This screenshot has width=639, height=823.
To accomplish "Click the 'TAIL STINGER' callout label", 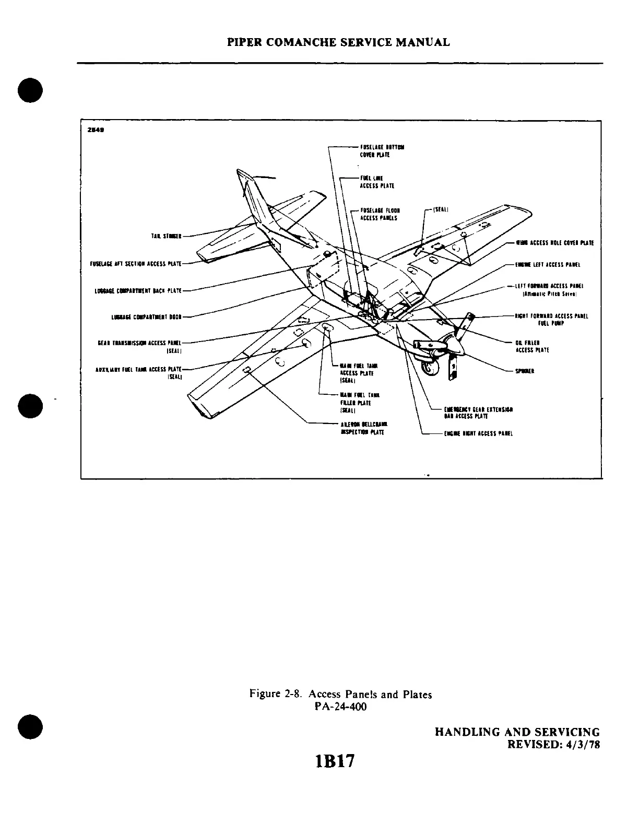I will (x=165, y=236).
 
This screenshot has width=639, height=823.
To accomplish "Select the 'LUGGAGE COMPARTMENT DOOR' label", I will (x=146, y=316).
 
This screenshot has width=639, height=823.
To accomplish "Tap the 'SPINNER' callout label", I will (x=524, y=371).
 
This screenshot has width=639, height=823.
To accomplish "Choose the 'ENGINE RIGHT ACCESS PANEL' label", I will (x=478, y=433).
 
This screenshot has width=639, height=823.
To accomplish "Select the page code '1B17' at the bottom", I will (x=334, y=761).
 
